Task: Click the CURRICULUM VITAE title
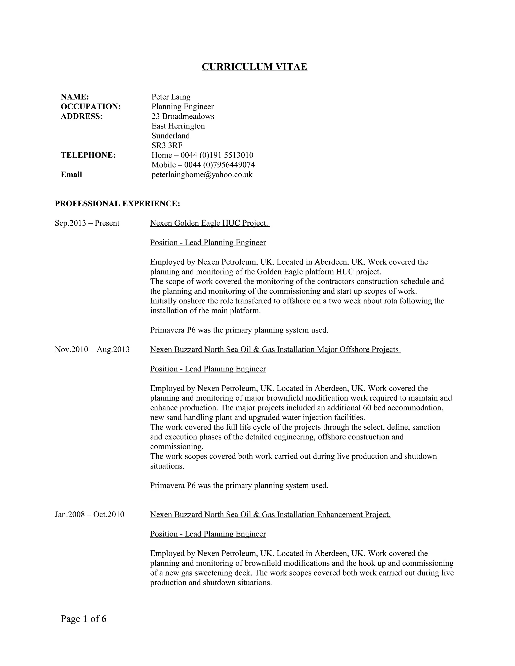pyautogui.click(x=254, y=67)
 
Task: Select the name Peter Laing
pyautogui.click(x=171, y=97)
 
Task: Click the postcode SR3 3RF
pyautogui.click(x=167, y=146)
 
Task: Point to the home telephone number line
pyautogui.click(x=202, y=155)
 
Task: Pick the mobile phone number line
pyautogui.click(x=203, y=165)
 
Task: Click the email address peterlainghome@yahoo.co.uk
pyautogui.click(x=202, y=175)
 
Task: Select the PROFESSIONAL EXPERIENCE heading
pyautogui.click(x=117, y=204)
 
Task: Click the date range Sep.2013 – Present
pyautogui.click(x=87, y=223)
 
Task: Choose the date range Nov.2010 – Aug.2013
pyautogui.click(x=92, y=350)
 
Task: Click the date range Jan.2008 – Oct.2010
pyautogui.click(x=89, y=515)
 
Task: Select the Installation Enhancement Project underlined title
pyautogui.click(x=270, y=515)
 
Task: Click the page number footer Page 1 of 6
pyautogui.click(x=83, y=619)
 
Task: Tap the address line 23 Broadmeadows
pyautogui.click(x=183, y=117)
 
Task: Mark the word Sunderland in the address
pyautogui.click(x=170, y=136)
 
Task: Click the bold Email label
pyautogui.click(x=71, y=175)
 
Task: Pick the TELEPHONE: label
pyautogui.click(x=88, y=155)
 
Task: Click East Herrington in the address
pyautogui.click(x=178, y=126)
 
